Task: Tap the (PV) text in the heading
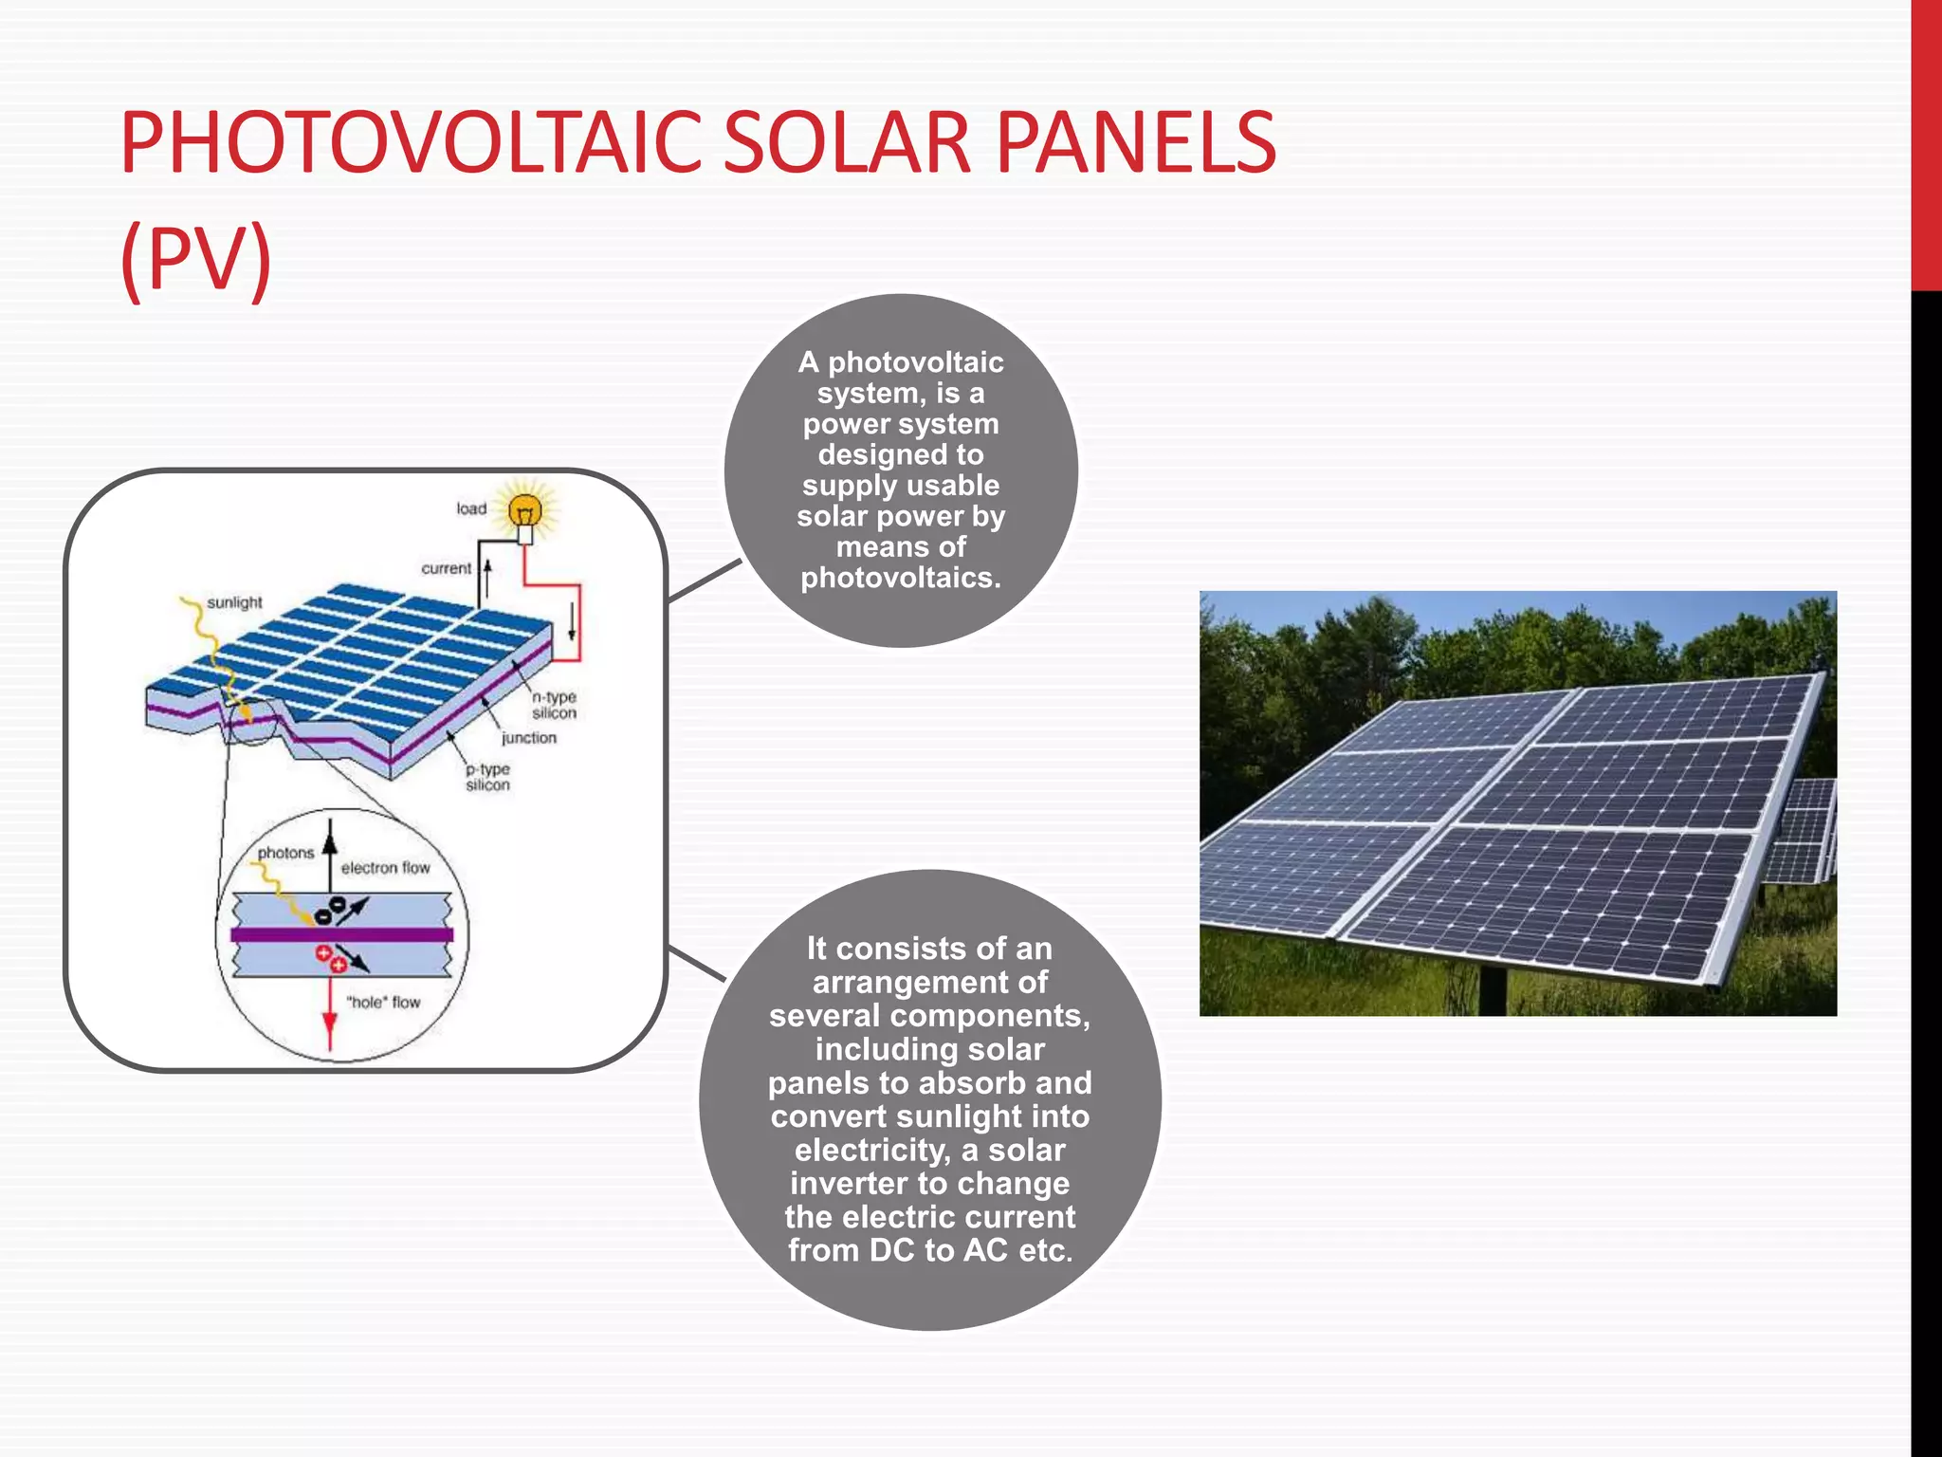(x=196, y=258)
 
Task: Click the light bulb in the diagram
(x=524, y=512)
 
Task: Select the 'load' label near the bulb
(x=471, y=508)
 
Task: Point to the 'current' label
(x=446, y=568)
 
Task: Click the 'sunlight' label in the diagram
(x=234, y=602)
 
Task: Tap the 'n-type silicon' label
(x=554, y=705)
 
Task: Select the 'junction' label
(x=529, y=738)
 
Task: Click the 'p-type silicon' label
(x=487, y=777)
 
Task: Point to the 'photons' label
(x=285, y=853)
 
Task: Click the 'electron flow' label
(x=385, y=868)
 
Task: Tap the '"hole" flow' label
(x=383, y=1002)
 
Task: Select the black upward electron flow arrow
(x=330, y=844)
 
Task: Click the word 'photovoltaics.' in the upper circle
(x=901, y=578)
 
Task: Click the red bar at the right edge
(x=1926, y=142)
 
